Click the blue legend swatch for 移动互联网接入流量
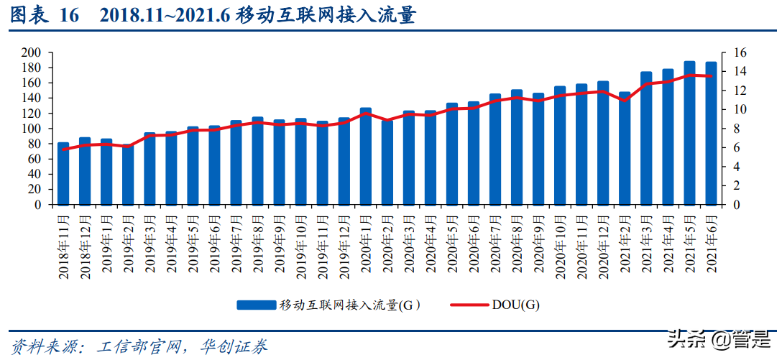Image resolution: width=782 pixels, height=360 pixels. click(257, 305)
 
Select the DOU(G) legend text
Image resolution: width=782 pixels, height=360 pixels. click(515, 305)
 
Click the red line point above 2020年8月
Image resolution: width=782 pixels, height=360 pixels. click(516, 98)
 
